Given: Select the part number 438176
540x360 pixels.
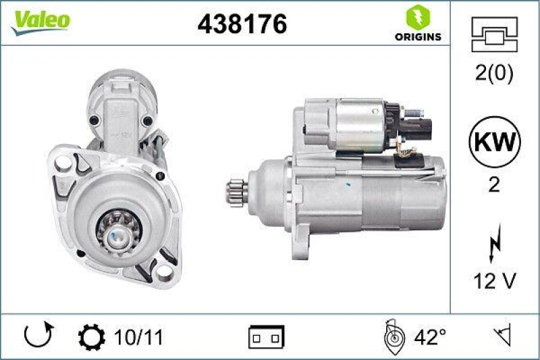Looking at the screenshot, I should (242, 24).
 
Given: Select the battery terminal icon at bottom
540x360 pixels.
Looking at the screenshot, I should (267, 336).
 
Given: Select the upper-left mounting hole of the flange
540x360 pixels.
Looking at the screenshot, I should (63, 162).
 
